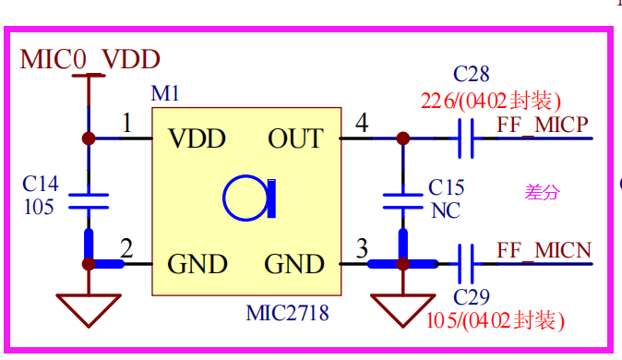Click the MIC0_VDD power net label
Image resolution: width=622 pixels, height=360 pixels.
(90, 59)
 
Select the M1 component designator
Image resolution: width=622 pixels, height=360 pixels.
(165, 93)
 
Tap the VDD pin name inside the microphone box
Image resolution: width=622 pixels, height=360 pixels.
(197, 138)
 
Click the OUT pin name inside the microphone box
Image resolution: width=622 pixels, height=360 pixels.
(295, 138)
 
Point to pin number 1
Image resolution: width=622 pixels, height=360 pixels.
(127, 123)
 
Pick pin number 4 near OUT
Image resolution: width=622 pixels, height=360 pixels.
(362, 123)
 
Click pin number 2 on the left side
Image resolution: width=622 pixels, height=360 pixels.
(126, 248)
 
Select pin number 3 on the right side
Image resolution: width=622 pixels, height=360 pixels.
(362, 248)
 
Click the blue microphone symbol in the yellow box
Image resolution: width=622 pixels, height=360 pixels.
(249, 198)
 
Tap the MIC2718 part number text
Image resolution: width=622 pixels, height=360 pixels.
(287, 313)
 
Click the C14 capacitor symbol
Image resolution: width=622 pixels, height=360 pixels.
(89, 201)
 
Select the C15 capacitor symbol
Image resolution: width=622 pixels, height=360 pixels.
(403, 201)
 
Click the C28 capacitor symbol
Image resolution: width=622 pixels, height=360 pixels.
(466, 138)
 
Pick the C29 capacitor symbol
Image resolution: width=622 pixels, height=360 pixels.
(466, 264)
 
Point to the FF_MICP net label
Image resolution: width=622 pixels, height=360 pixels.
(543, 125)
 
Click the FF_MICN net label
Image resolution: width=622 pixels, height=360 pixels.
(544, 250)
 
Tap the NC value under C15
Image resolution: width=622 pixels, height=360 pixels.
(446, 210)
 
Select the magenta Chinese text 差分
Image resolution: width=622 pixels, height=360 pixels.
(543, 193)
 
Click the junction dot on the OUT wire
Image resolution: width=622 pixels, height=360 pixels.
(403, 138)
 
